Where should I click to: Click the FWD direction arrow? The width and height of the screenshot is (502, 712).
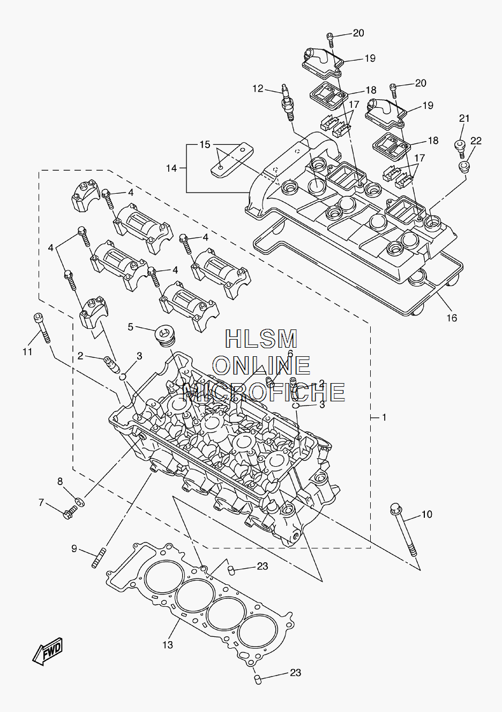click(x=48, y=651)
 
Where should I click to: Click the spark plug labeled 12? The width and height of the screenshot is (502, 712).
click(x=288, y=102)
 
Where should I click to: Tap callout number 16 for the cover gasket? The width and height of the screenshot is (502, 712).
click(x=452, y=318)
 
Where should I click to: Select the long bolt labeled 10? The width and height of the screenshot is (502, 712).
click(x=403, y=529)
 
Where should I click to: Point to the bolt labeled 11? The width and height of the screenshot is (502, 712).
click(x=42, y=328)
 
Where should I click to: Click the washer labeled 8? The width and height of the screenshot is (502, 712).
click(x=80, y=501)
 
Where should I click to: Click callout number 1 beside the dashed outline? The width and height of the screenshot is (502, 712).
click(x=384, y=417)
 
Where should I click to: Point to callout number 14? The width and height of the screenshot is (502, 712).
click(x=171, y=168)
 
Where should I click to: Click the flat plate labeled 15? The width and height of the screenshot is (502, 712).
click(x=232, y=159)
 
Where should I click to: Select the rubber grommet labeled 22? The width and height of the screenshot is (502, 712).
click(x=463, y=166)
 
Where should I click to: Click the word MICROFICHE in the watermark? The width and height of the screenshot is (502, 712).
click(x=264, y=392)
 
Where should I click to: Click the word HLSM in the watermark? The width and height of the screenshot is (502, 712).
click(x=261, y=339)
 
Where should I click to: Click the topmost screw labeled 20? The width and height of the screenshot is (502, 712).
click(x=331, y=40)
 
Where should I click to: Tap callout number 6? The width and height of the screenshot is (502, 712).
click(x=290, y=354)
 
